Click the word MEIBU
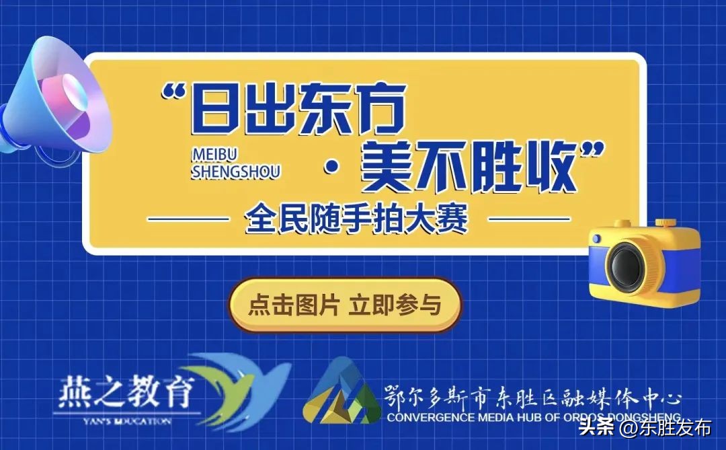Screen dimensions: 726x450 214,155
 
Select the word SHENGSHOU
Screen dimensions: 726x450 236,172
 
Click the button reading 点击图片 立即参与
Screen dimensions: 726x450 345,305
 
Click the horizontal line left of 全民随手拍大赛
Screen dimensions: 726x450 188,219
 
